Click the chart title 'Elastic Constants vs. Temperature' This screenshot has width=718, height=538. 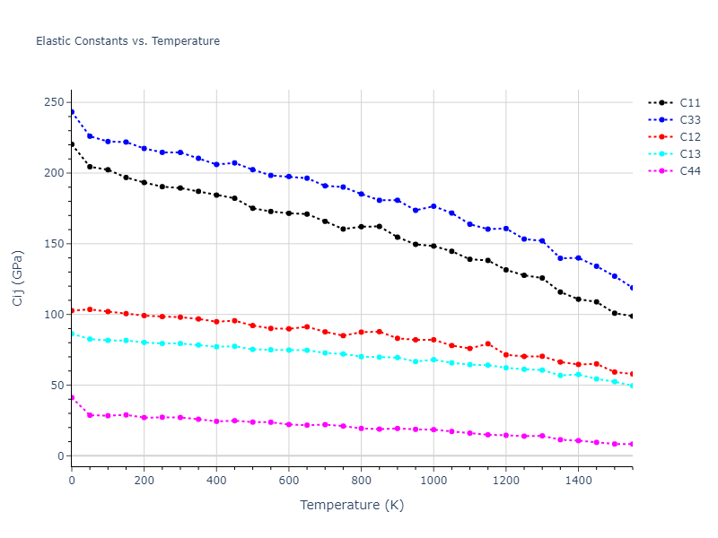127,41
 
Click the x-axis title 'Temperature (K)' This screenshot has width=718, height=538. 352,505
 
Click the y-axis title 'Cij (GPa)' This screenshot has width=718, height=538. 18,277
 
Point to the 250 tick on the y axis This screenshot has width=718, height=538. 56,102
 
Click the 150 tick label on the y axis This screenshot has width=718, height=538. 56,244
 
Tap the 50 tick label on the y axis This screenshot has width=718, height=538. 59,386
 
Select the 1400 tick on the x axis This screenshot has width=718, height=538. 578,481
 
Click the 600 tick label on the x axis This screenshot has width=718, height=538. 288,481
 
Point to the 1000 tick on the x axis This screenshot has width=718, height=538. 433,481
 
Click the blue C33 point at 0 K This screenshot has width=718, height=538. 72,112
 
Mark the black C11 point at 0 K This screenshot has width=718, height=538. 72,144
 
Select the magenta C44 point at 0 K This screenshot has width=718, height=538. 72,397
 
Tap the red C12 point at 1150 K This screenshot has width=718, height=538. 487,343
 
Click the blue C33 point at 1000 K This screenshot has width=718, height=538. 433,206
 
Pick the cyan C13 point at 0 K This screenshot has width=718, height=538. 72,334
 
